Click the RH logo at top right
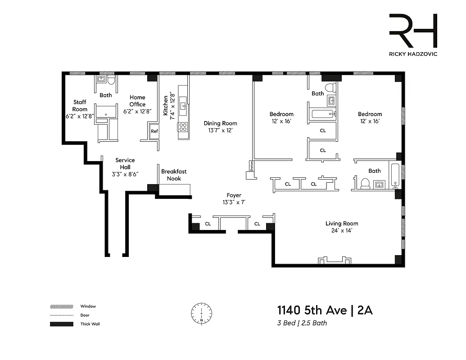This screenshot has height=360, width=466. pyautogui.click(x=413, y=31)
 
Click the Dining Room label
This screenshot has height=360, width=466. pyautogui.click(x=220, y=123)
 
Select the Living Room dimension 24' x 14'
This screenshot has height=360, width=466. pyautogui.click(x=342, y=230)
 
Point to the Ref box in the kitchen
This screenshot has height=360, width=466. pyautogui.click(x=154, y=131)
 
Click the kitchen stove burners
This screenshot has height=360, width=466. pyautogui.click(x=183, y=127)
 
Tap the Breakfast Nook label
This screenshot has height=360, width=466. pyautogui.click(x=174, y=175)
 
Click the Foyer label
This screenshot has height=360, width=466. pyautogui.click(x=234, y=195)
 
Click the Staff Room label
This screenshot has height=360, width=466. pyautogui.click(x=80, y=106)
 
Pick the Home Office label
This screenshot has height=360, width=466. pyautogui.click(x=137, y=101)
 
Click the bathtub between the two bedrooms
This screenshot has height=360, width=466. pyautogui.click(x=322, y=114)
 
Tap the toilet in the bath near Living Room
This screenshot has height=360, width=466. pyautogui.click(x=364, y=184)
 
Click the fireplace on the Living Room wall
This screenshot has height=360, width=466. pyautogui.click(x=334, y=261)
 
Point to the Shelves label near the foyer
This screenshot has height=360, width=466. pyautogui.click(x=251, y=166)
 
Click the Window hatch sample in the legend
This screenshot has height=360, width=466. pyautogui.click(x=61, y=306)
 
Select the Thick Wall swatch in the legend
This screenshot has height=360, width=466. pyautogui.click(x=61, y=324)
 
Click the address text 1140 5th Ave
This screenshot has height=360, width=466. pyautogui.click(x=312, y=310)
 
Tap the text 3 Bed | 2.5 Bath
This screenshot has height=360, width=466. pyautogui.click(x=302, y=323)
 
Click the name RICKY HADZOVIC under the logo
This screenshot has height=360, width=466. pyautogui.click(x=413, y=54)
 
